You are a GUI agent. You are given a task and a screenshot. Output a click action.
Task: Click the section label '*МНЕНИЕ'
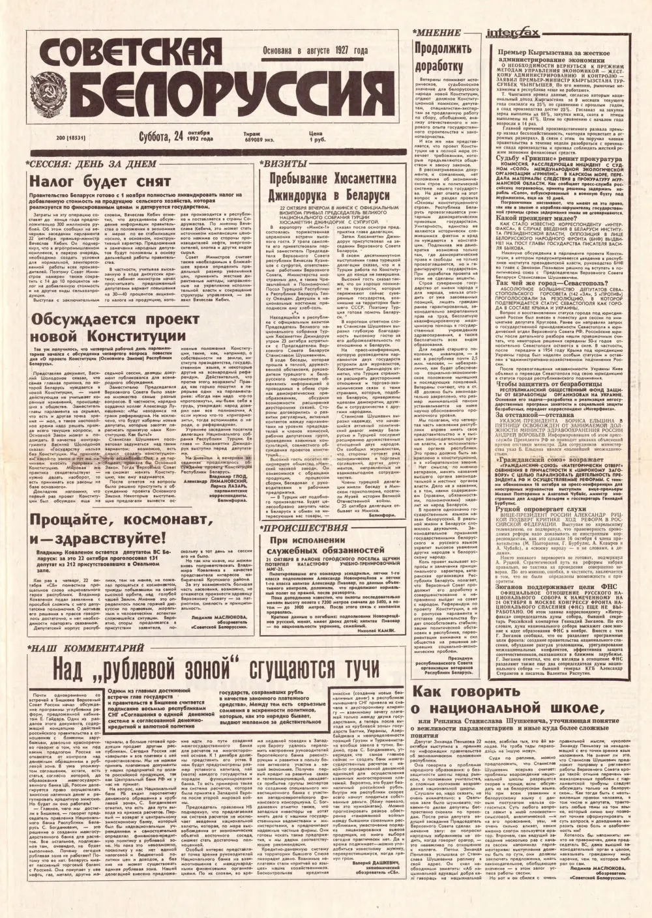pos(434,33)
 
